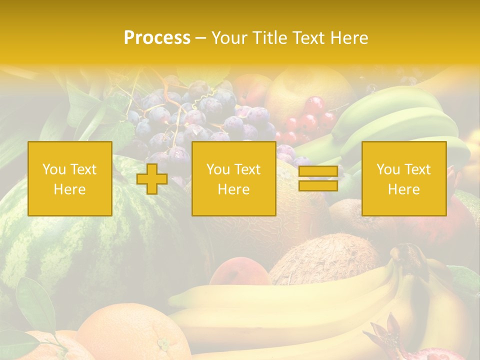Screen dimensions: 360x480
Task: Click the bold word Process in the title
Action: click(x=157, y=37)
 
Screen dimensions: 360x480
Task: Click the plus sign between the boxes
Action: click(x=152, y=179)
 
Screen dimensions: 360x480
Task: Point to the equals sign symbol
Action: click(x=318, y=178)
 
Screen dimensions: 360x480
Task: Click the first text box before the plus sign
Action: click(x=70, y=179)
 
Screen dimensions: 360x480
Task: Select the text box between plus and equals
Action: click(x=233, y=179)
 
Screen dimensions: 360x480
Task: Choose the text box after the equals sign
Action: click(x=403, y=179)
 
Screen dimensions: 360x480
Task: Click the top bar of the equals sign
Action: click(x=318, y=171)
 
